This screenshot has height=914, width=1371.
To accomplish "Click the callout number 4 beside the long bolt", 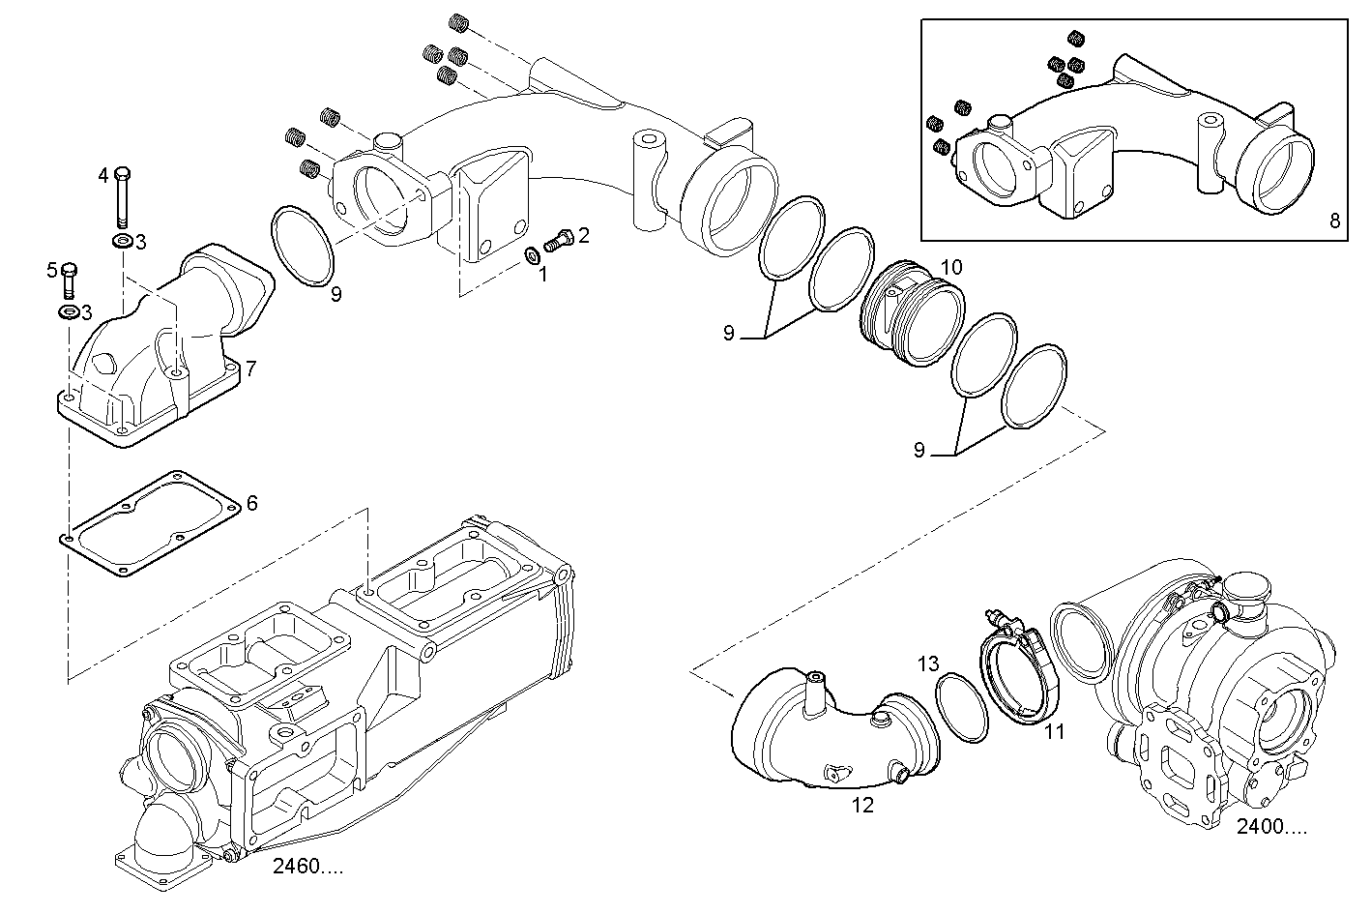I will click(103, 175).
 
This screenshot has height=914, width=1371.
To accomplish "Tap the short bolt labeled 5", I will click(69, 280).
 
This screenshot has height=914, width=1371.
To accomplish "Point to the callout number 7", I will click(250, 369).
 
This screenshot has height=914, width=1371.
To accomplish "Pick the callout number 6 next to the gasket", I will click(252, 503).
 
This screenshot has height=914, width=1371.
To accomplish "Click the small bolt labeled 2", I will click(560, 236).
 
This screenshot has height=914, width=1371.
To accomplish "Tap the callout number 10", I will click(951, 266).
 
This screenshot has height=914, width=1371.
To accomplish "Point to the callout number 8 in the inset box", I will click(1334, 220).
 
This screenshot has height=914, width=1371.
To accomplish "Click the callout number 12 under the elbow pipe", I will click(862, 805).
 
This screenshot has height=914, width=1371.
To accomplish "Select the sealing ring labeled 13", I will click(962, 708).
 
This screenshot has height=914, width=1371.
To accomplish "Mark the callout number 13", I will click(928, 663).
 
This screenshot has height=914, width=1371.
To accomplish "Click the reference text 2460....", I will click(307, 867).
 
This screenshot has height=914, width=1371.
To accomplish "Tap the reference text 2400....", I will click(1271, 827).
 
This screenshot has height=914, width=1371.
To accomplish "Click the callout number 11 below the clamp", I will click(1054, 732).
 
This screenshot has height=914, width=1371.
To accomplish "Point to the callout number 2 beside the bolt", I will click(584, 235).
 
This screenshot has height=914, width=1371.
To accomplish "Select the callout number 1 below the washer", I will click(542, 275).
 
